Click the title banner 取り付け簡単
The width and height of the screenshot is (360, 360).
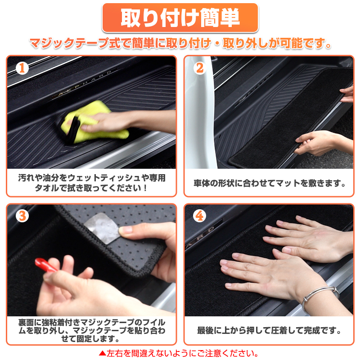(x=180, y=18)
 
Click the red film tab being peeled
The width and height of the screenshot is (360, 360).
(x=45, y=265)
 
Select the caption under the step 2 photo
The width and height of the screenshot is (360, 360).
(x=269, y=184)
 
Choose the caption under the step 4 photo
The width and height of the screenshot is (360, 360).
(x=269, y=331)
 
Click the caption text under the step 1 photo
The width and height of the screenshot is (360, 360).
(x=91, y=183)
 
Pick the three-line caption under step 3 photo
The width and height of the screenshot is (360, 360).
(x=91, y=331)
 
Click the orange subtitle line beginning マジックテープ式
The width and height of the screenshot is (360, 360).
(x=180, y=44)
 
